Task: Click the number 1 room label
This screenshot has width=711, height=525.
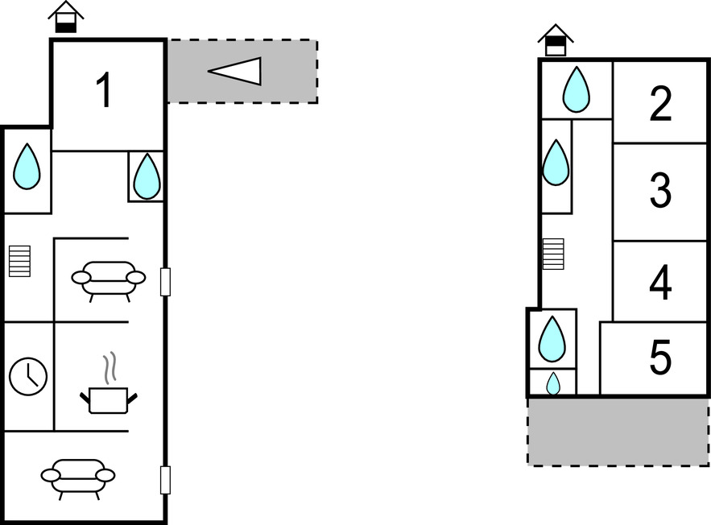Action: pyautogui.click(x=103, y=90)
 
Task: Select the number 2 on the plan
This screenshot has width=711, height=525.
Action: pyautogui.click(x=660, y=104)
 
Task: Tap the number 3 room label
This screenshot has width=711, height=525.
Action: pyautogui.click(x=660, y=192)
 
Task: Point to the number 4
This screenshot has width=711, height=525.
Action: pyautogui.click(x=660, y=283)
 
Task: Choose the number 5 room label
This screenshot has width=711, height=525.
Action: pyautogui.click(x=660, y=358)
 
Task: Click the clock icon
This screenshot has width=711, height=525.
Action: pyautogui.click(x=28, y=376)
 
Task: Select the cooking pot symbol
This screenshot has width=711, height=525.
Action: pyautogui.click(x=109, y=399)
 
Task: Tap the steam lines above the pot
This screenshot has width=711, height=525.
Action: pyautogui.click(x=113, y=366)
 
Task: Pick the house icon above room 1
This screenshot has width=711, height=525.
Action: pyautogui.click(x=66, y=16)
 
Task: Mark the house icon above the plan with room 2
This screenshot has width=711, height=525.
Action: pyautogui.click(x=556, y=39)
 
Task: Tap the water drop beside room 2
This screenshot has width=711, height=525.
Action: pyautogui.click(x=576, y=89)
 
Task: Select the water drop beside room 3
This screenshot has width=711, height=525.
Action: pyautogui.click(x=556, y=163)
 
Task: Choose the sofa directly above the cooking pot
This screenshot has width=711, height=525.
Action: pyautogui.click(x=109, y=279)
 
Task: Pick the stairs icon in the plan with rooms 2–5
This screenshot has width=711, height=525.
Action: pyautogui.click(x=553, y=254)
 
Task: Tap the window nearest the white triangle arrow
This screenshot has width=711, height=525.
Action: pyautogui.click(x=165, y=282)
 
